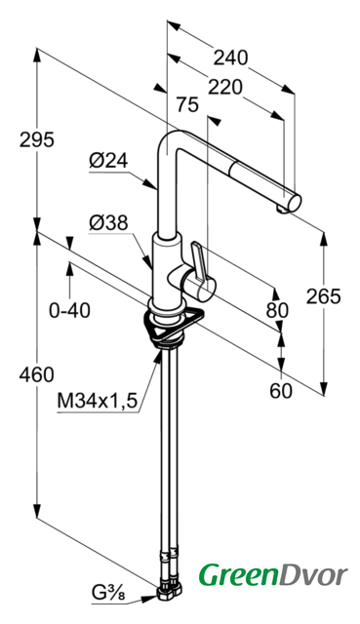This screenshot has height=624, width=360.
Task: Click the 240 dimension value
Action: coord(230,58)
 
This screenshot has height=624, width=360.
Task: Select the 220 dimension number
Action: coord(225,87)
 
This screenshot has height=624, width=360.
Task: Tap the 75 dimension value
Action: coord(187,105)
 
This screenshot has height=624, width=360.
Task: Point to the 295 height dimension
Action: coord(37,139)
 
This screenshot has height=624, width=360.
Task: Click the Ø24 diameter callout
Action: coord(108,161)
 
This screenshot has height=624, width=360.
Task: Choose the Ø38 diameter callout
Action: coord(108,223)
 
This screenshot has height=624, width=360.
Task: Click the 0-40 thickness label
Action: coord(69,310)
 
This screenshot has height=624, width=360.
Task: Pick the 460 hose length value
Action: coord(37,374)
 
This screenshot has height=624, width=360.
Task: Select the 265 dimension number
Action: coord(323,296)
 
